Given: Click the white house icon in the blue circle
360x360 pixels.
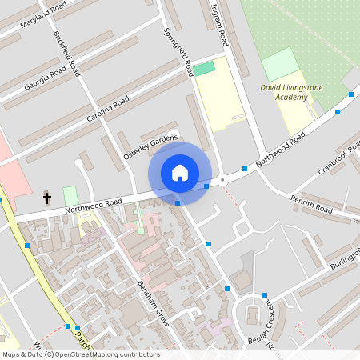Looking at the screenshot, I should click(179, 173).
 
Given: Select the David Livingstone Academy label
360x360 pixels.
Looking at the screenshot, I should click(284, 92).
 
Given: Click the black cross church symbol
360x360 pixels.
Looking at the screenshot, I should click(47, 197).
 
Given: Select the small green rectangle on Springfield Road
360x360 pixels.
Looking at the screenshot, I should click(206, 68).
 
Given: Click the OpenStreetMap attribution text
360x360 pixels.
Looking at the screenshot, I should click(80, 354).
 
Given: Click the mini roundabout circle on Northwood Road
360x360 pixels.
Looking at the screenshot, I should click(223, 182).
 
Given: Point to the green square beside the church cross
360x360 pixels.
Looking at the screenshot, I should click(70, 195).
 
